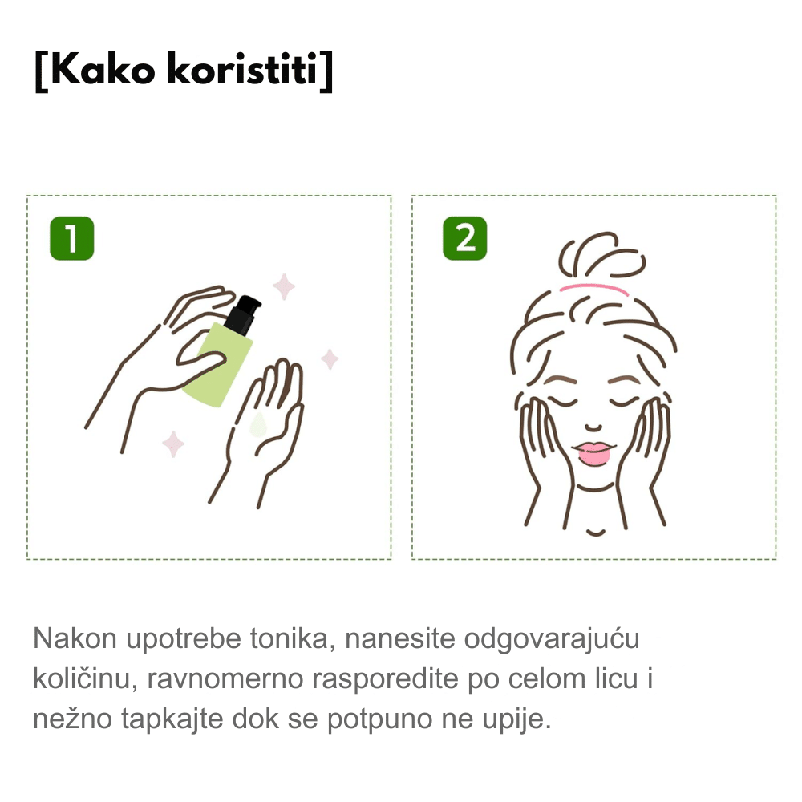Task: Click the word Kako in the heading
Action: [103, 70]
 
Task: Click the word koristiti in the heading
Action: [243, 69]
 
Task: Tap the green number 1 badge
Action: [72, 238]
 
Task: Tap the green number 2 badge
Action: [465, 238]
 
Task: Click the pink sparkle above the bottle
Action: [284, 286]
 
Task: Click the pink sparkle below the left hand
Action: [173, 444]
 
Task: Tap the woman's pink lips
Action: [593, 452]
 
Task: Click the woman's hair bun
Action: [601, 256]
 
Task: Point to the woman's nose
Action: [593, 427]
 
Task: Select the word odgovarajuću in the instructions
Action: [552, 640]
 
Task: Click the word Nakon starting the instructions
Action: [75, 638]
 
